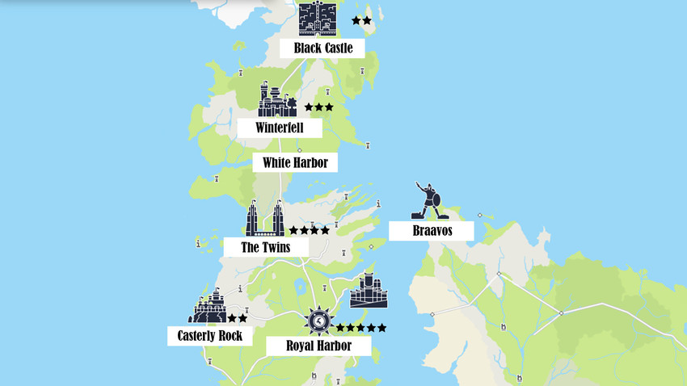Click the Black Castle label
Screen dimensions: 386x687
click(322, 48)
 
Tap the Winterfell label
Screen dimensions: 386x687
click(280, 128)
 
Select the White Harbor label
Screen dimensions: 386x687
click(295, 163)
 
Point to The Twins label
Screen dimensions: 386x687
click(266, 247)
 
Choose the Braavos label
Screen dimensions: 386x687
click(430, 231)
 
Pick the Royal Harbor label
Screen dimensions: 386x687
click(318, 346)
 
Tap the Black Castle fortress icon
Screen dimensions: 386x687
click(316, 19)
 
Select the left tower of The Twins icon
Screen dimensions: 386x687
click(254, 218)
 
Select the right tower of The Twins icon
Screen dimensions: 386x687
click(278, 218)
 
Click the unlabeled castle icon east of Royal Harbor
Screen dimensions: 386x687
click(369, 291)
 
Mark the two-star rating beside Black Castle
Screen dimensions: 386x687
click(361, 20)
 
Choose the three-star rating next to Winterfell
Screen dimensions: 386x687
click(318, 107)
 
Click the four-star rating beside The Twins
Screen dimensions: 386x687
click(310, 230)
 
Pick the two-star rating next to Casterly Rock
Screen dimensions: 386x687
click(237, 318)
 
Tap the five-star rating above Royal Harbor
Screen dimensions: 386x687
click(360, 328)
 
